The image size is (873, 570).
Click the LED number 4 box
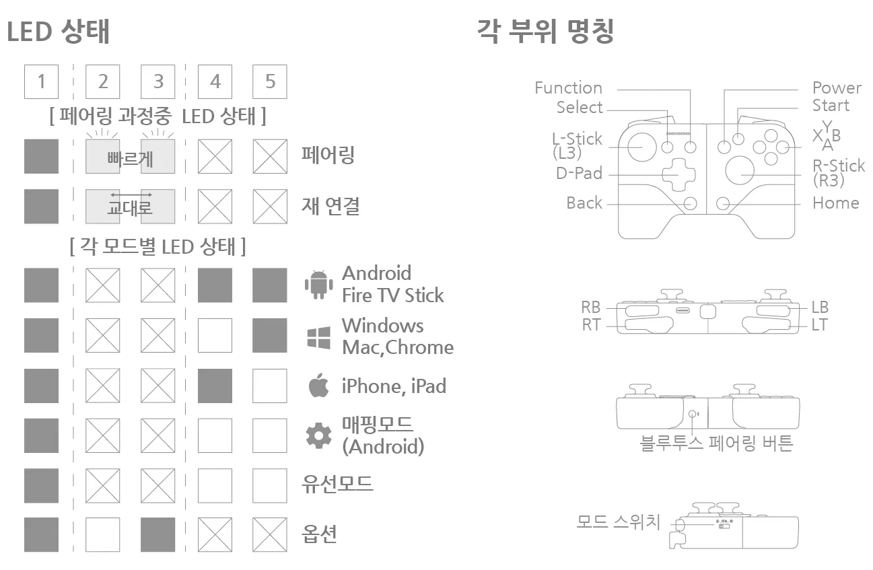(x=215, y=81)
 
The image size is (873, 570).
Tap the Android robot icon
(x=319, y=284)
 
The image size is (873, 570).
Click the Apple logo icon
(x=318, y=386)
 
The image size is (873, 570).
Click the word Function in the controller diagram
(x=568, y=88)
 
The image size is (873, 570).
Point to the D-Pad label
(x=579, y=174)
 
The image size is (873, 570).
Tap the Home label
(x=835, y=203)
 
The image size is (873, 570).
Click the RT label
(x=590, y=326)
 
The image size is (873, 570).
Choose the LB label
(x=820, y=308)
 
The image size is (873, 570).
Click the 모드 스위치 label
(x=619, y=522)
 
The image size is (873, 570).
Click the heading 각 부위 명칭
(x=545, y=31)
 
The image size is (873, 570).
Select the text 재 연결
(x=330, y=206)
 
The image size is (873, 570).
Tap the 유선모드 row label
(x=337, y=484)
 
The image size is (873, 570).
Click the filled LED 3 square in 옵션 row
(x=158, y=534)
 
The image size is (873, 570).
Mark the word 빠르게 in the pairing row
(x=130, y=159)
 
